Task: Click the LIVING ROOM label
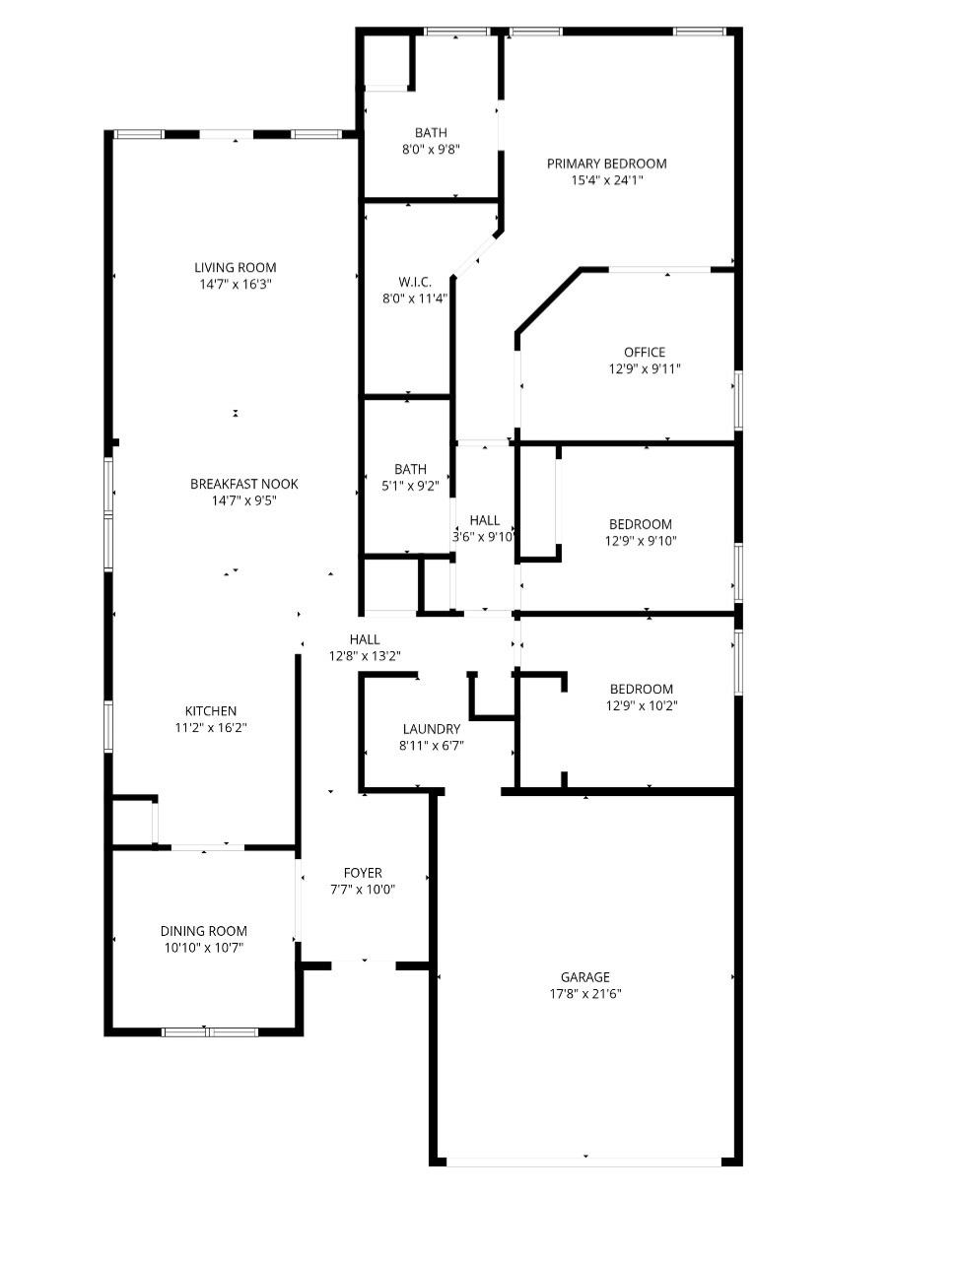click(235, 267)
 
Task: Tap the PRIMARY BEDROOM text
click(606, 164)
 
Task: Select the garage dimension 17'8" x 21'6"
click(585, 994)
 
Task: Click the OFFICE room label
click(644, 352)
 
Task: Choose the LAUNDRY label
click(431, 729)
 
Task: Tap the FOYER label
click(363, 873)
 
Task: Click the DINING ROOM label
click(203, 931)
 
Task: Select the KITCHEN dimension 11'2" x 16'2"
click(211, 728)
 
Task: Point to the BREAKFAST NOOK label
click(243, 484)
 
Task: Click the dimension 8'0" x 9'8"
click(431, 150)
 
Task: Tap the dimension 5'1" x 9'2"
click(410, 486)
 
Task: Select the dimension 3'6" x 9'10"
click(483, 537)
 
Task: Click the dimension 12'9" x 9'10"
click(640, 541)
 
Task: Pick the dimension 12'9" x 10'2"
click(641, 705)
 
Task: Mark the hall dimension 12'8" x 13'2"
click(364, 656)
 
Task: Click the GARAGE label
click(585, 977)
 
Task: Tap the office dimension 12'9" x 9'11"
click(644, 369)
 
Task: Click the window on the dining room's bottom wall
click(209, 1031)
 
